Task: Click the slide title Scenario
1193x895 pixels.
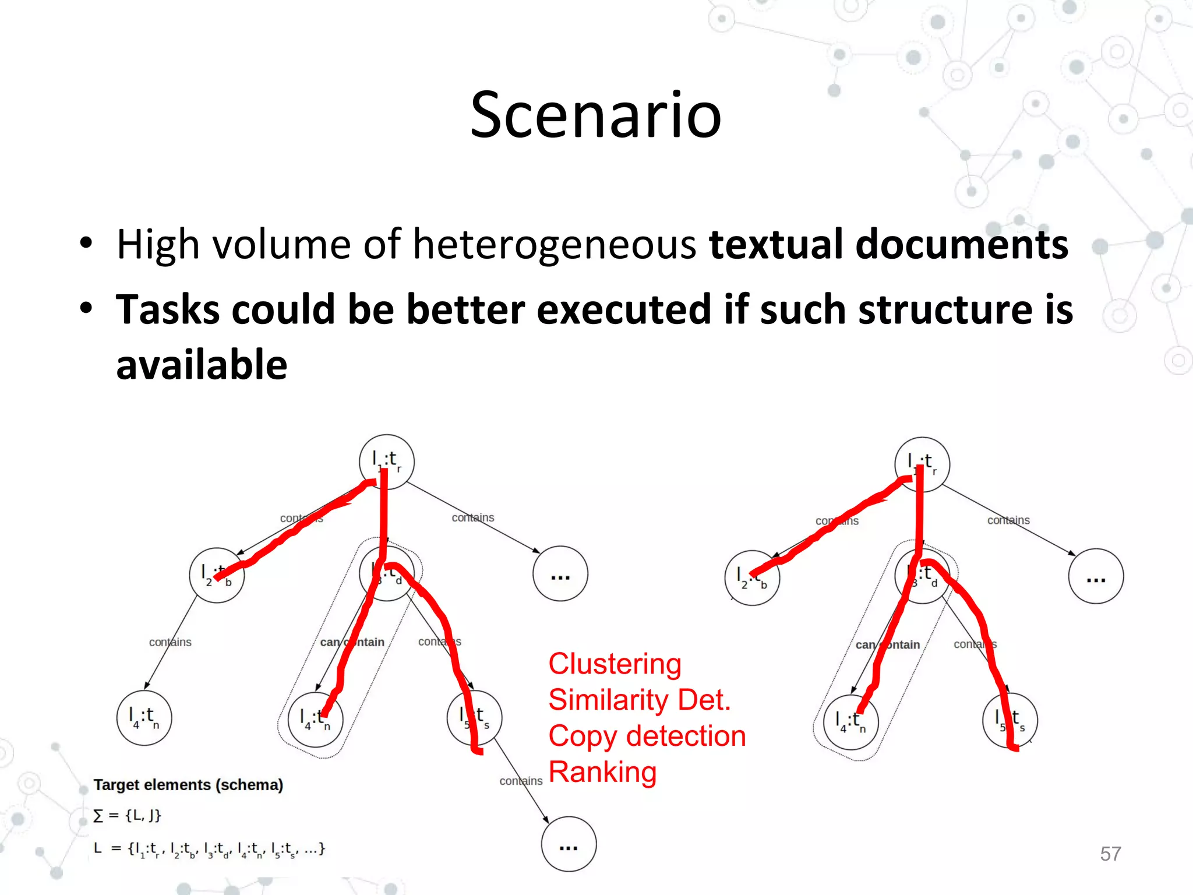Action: coord(595,115)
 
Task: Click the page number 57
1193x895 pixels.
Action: coord(1110,854)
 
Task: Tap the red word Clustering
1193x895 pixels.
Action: coord(615,664)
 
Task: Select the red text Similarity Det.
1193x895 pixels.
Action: coord(639,700)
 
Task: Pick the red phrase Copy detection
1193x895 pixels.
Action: coord(647,736)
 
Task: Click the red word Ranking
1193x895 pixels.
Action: coord(602,772)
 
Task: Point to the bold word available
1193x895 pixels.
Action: coord(202,365)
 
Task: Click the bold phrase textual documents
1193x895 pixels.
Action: coord(888,244)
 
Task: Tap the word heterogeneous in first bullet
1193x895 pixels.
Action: coord(554,244)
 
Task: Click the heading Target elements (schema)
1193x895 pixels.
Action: coord(188,785)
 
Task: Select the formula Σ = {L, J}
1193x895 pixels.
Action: coord(127,815)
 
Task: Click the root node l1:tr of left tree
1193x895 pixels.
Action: coord(387,461)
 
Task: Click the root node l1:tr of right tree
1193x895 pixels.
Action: coord(922,464)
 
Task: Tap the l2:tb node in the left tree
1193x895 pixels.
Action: coord(217,575)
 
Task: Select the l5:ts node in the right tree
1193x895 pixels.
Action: coord(1010,720)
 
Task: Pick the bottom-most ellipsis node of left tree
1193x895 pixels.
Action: coord(569,844)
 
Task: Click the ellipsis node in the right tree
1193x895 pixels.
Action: coord(1096,576)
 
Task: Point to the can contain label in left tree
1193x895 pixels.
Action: coord(352,642)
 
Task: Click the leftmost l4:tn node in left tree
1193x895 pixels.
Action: coord(144,718)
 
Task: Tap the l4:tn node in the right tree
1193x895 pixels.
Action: coord(851,722)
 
